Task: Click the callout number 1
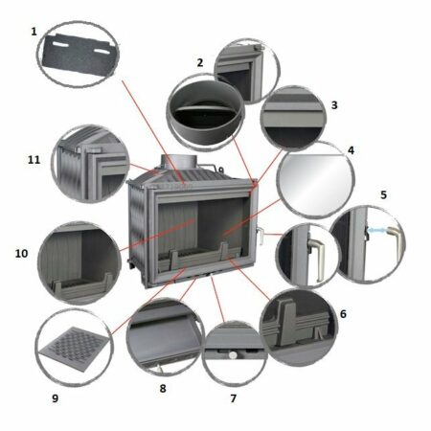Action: [34, 32]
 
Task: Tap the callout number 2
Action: [200, 62]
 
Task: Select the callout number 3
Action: [334, 105]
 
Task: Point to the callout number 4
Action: [352, 150]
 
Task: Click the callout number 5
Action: [383, 194]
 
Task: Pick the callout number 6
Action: [343, 314]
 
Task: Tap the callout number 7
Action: [234, 398]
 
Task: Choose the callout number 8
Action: [163, 389]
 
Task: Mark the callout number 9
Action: [56, 398]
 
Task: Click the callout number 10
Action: [21, 254]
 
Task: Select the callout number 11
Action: [34, 160]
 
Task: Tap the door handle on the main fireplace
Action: [260, 235]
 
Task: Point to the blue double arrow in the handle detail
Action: [378, 230]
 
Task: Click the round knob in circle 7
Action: [234, 354]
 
